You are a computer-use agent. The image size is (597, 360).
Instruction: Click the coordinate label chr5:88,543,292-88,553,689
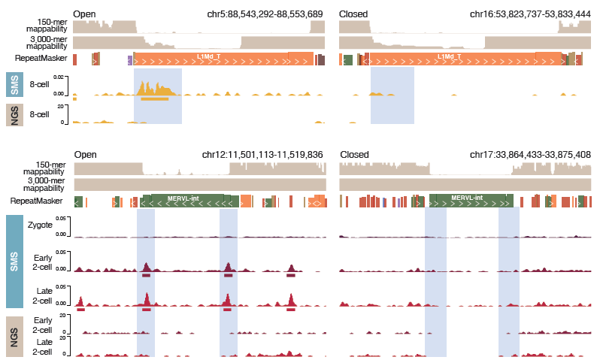(x=265, y=14)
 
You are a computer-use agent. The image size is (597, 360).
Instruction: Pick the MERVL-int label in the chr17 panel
(x=467, y=198)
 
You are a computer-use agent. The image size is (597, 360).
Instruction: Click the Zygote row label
(x=40, y=225)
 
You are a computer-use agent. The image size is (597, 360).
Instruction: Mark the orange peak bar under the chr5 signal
(x=154, y=98)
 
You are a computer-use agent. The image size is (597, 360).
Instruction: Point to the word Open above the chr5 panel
(x=86, y=14)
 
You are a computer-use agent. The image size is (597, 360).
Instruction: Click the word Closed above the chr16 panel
(x=354, y=14)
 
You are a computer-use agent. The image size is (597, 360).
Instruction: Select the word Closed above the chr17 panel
(x=354, y=154)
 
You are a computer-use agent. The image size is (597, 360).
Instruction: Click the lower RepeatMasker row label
(x=35, y=201)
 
